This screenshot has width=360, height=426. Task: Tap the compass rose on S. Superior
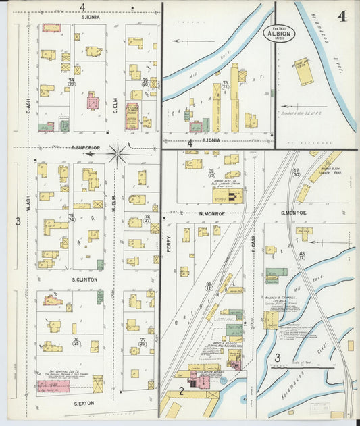pos(118,153)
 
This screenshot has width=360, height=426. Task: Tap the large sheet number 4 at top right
pos(342,16)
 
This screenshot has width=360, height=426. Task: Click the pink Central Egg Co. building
pos(53,385)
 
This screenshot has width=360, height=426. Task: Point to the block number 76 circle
pos(76,341)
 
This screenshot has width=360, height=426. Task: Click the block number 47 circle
pos(296,173)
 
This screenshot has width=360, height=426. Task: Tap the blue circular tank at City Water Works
pos(193,383)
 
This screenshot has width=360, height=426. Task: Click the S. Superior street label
pos(86,147)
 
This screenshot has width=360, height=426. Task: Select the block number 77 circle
pos(143,342)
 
